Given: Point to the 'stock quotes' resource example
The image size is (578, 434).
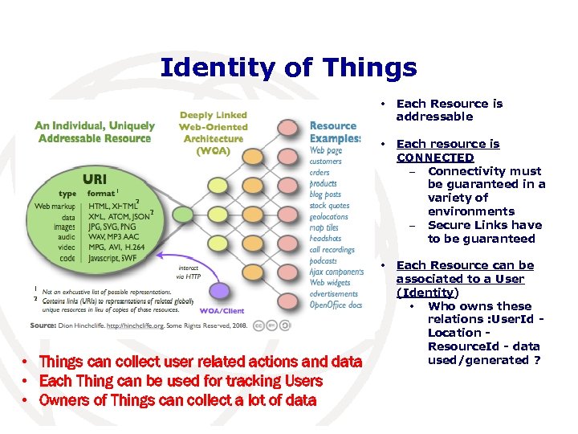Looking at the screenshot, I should [x=330, y=206].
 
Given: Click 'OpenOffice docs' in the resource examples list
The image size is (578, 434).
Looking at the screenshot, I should [x=336, y=305].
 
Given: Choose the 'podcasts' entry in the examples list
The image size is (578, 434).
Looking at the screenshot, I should [x=324, y=260].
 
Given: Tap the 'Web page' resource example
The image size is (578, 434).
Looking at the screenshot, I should [x=326, y=150].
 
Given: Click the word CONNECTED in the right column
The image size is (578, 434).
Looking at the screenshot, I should [x=435, y=158].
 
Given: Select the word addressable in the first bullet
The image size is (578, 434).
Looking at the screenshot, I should [x=434, y=117].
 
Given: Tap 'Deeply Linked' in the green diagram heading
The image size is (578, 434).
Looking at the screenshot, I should [x=213, y=116].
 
